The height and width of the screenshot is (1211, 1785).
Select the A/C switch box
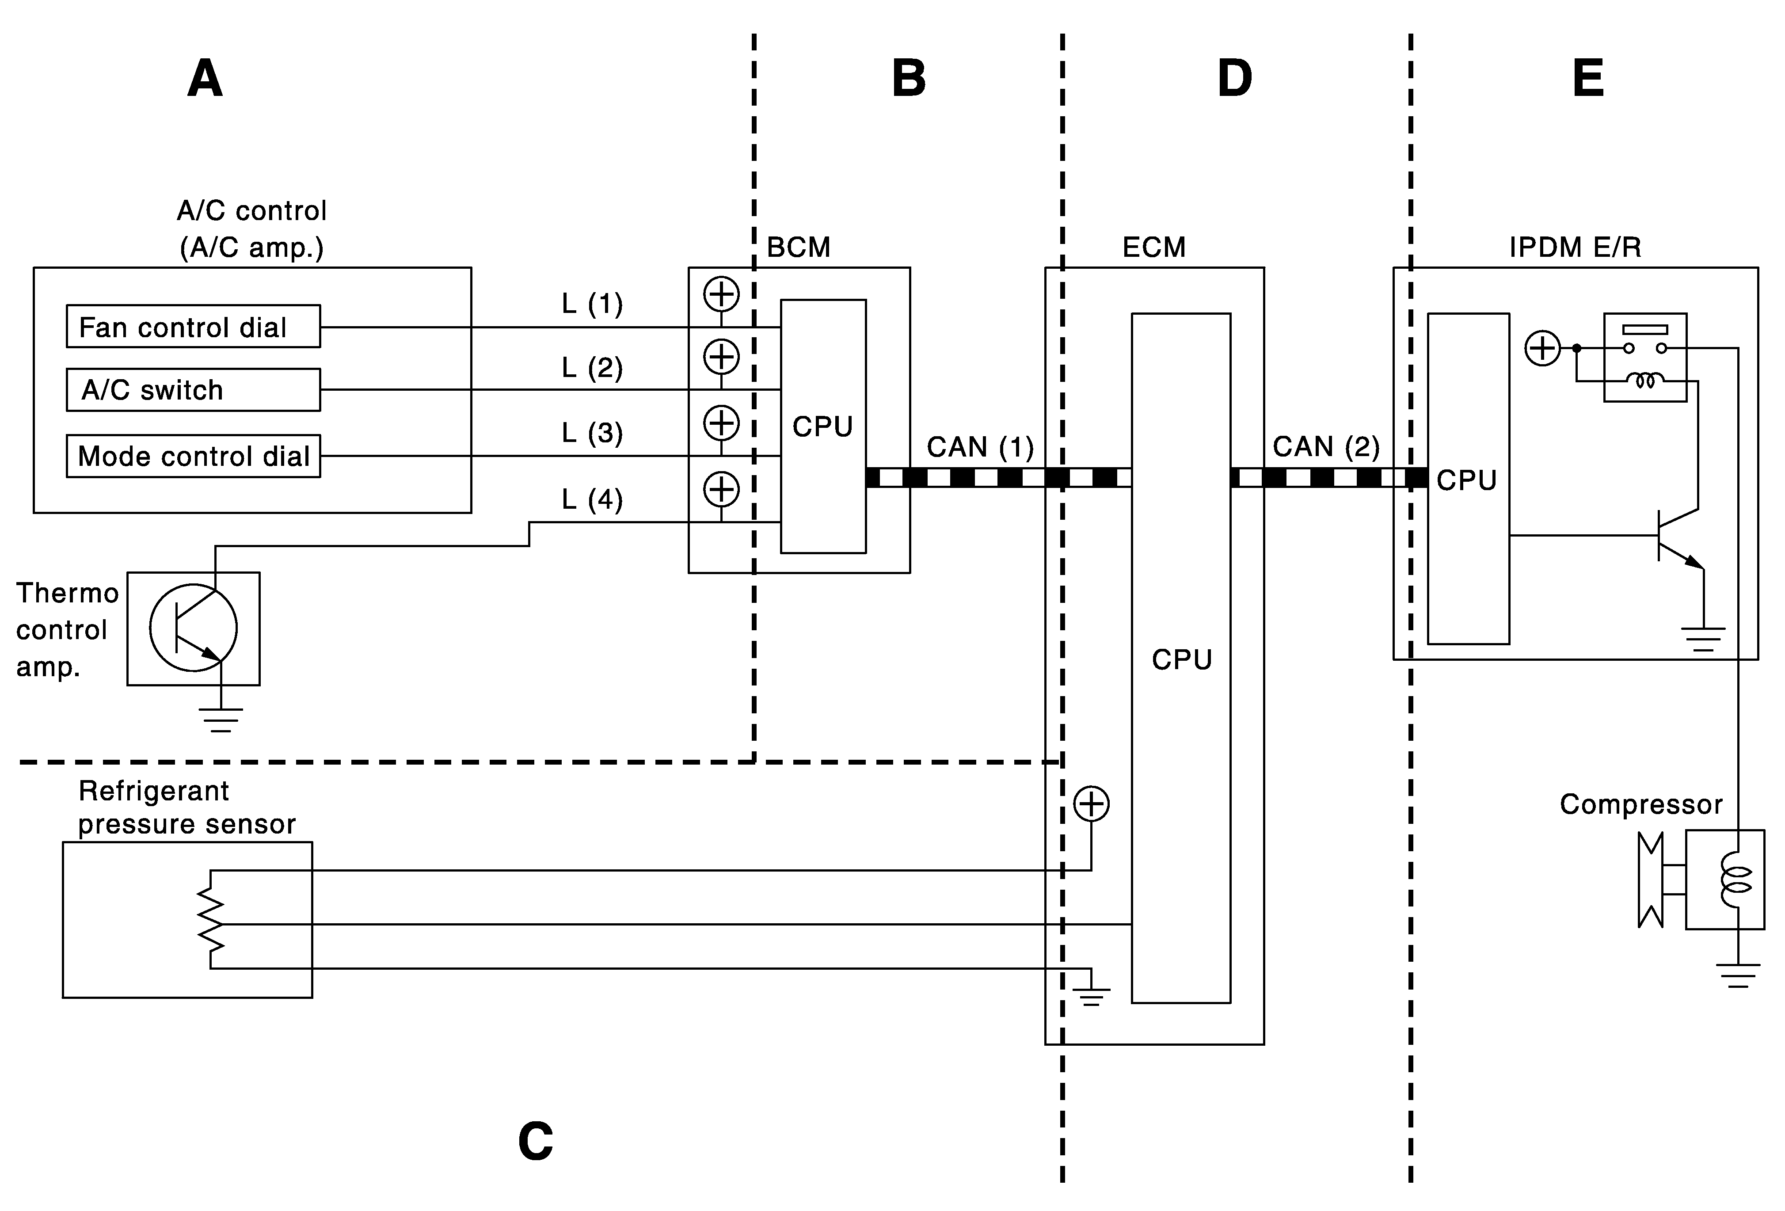[193, 390]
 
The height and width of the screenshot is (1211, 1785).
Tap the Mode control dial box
[193, 456]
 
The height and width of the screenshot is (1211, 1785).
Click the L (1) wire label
[591, 304]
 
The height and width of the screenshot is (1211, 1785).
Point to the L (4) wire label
[591, 500]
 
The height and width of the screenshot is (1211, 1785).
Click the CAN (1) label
[980, 447]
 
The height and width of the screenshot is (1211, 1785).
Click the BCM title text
[799, 247]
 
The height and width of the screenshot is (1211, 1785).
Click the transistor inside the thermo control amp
[194, 628]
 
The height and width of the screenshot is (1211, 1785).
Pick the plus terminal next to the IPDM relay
[1542, 349]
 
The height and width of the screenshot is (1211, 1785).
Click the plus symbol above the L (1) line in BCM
[721, 294]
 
